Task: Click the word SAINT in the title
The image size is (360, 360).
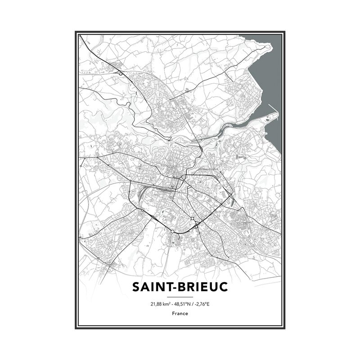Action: pos(150,287)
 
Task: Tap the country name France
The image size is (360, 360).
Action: pos(180,314)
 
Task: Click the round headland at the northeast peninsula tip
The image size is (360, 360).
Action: pos(268,46)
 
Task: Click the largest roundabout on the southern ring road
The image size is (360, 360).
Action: pos(172,231)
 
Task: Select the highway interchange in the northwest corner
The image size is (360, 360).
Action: pos(121,73)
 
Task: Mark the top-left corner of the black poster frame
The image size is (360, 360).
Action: pos(76,32)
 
